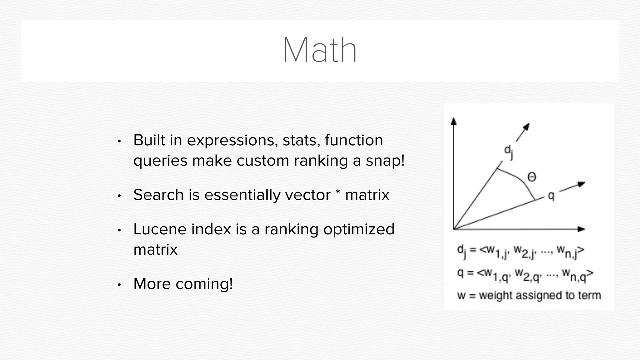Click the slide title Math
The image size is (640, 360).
(319, 50)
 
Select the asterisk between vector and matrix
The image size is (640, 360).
(337, 192)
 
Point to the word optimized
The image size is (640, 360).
(359, 230)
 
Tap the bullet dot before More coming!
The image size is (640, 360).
(119, 285)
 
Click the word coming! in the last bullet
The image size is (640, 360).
(204, 284)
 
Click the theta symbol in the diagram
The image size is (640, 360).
(532, 177)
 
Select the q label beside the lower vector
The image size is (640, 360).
(551, 196)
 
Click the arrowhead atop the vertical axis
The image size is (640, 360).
(454, 121)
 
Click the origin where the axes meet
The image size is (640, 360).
(454, 229)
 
